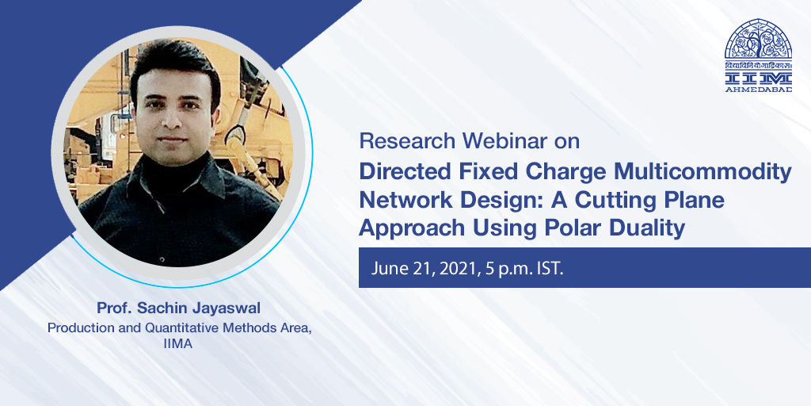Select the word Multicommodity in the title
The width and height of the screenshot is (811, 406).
700,173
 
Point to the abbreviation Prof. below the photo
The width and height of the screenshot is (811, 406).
114,308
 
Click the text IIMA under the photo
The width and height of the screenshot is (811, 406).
179,343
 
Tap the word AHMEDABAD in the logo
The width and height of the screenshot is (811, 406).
758,89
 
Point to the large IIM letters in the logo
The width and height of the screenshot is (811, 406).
758,78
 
